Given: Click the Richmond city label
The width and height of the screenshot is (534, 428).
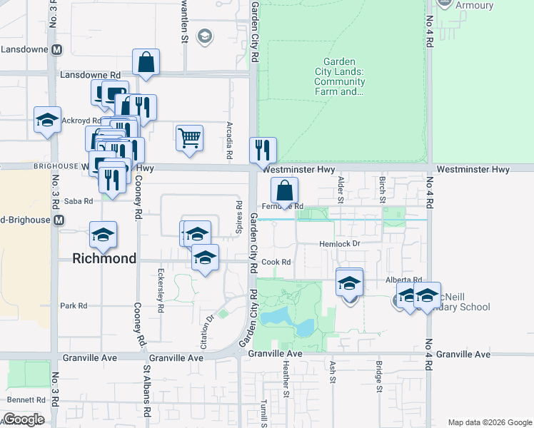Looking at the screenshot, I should click(104, 258).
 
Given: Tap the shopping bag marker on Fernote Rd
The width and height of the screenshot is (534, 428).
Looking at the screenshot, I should click(284, 190).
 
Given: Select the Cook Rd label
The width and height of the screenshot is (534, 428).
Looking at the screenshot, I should click(276, 263).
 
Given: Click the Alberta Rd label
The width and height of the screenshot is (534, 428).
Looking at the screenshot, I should click(404, 280).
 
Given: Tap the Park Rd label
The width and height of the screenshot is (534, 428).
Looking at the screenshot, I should click(73, 306).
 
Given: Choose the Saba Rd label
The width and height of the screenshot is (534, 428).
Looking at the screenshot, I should click(79, 202).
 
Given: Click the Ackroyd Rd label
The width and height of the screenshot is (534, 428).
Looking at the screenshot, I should click(81, 121).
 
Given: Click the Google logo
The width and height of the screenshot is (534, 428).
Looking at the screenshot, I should click(24, 420).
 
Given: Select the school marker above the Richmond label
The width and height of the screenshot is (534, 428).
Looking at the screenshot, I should click(103, 235).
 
